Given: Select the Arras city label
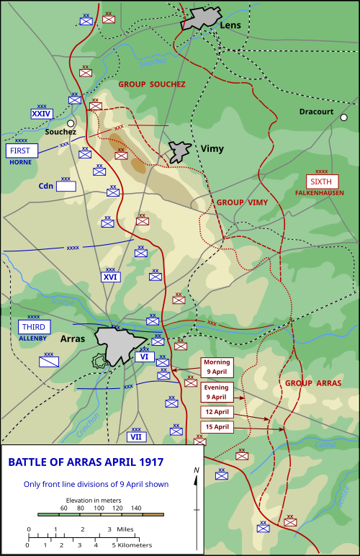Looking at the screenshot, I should [72, 338].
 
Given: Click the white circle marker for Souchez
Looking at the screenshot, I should [71, 123].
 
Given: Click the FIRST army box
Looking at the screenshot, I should [21, 151].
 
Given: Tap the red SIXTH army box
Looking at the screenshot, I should [321, 181].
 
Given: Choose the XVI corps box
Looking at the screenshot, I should [110, 277].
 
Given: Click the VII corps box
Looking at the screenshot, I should [136, 436].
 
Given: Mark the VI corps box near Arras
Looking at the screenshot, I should [144, 357].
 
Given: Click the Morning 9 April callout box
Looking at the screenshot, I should [217, 366].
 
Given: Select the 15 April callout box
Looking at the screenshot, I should [217, 427].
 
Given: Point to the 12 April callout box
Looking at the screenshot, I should [217, 411].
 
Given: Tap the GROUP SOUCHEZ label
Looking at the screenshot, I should [152, 84].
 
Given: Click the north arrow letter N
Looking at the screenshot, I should [197, 470].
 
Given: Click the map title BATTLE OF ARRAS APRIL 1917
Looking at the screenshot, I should [86, 462].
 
